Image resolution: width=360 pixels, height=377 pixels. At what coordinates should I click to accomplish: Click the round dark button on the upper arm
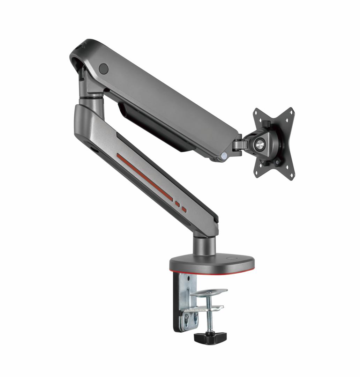coord(104,68)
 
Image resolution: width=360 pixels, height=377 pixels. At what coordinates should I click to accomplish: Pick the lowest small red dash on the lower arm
coord(184,210)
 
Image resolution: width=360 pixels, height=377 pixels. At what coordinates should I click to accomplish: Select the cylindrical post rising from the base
coord(204,246)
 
